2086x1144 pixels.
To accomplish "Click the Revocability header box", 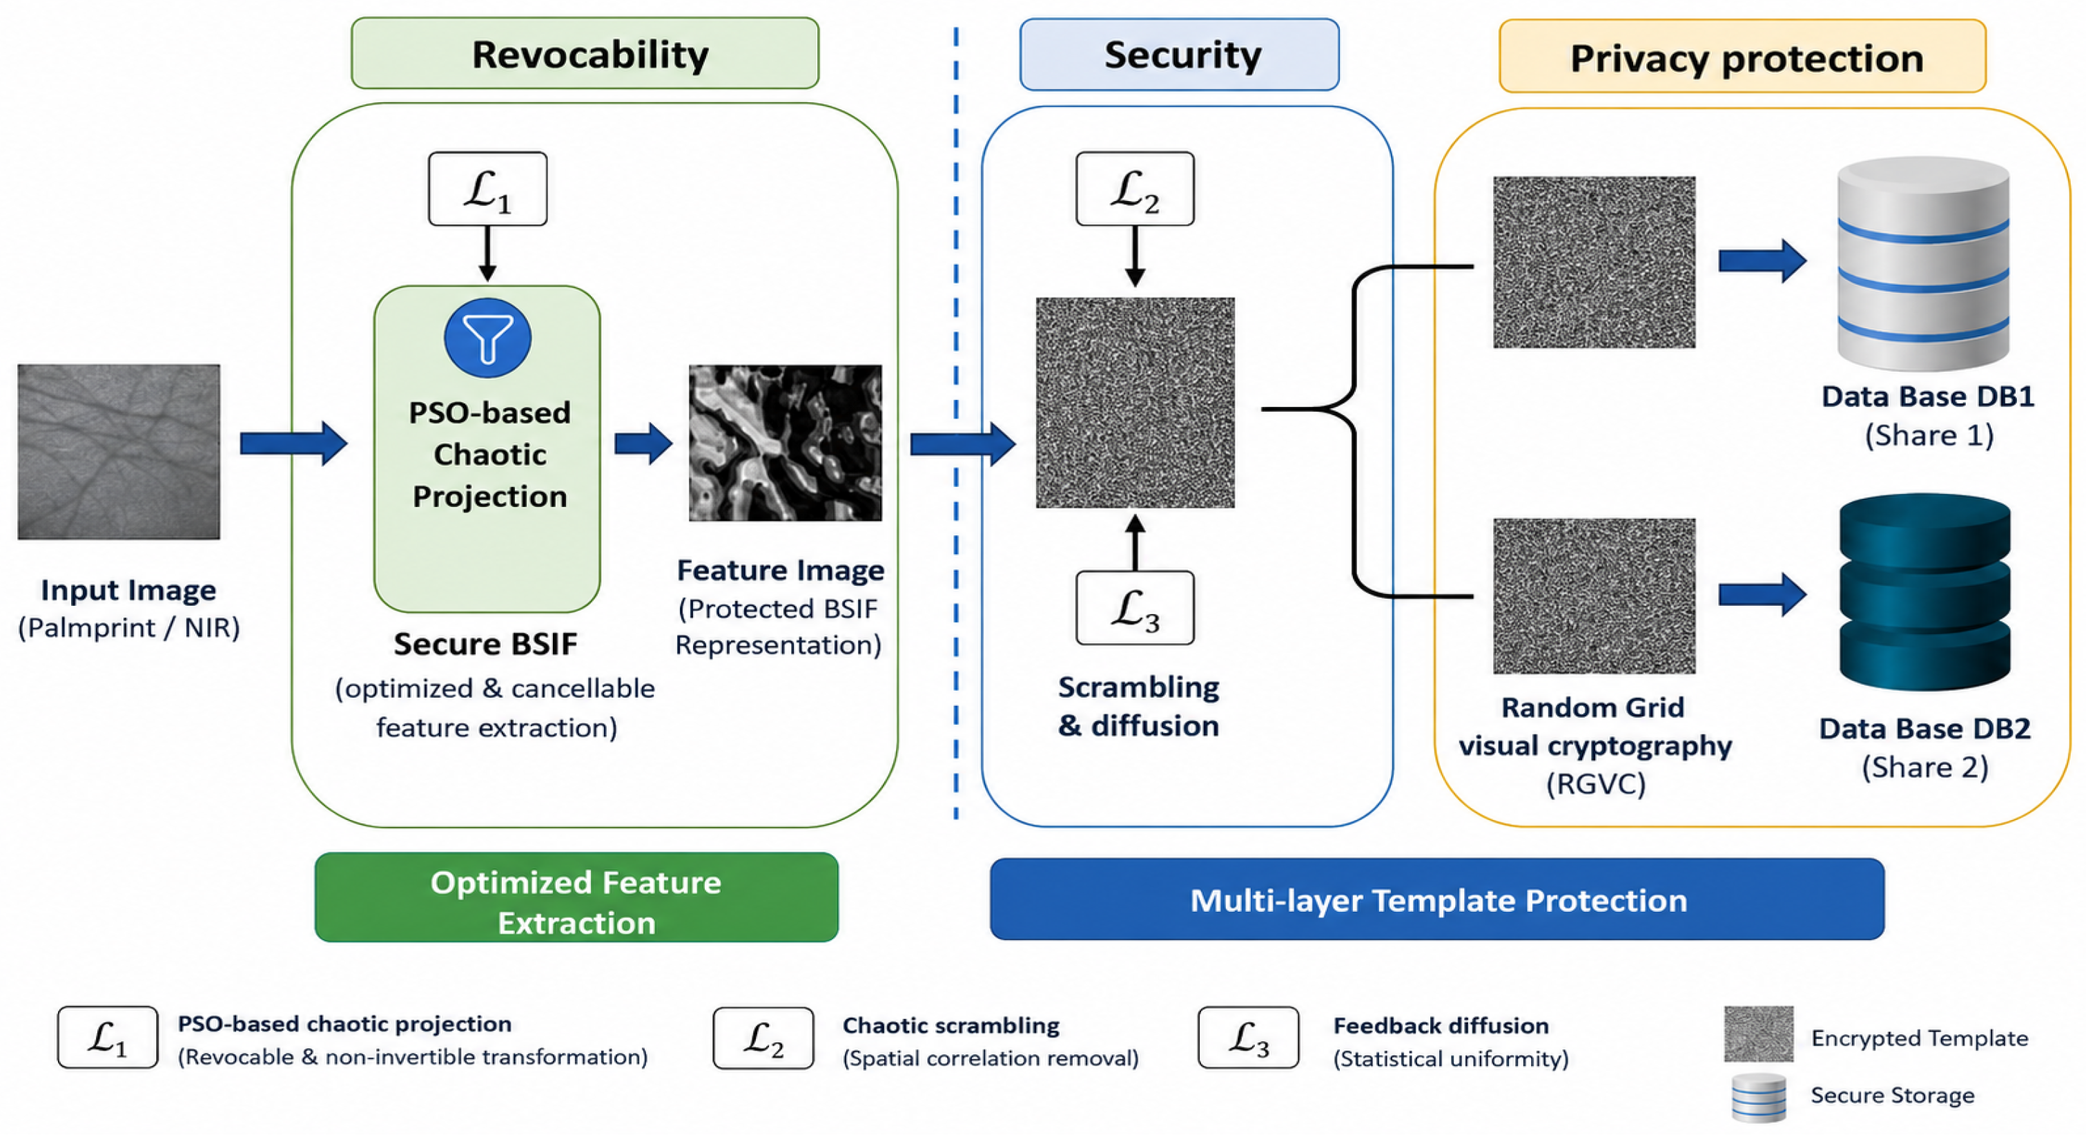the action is [x=585, y=53].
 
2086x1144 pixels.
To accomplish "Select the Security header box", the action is [x=1179, y=55].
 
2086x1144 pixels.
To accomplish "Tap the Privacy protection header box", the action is [x=1743, y=56].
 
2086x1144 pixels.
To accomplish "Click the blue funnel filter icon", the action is [x=487, y=338].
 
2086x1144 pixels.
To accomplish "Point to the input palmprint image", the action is [x=119, y=451].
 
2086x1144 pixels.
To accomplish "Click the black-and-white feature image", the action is [x=785, y=442].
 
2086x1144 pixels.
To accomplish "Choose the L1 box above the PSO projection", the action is [x=487, y=189].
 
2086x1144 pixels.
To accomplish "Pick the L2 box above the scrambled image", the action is [x=1135, y=189].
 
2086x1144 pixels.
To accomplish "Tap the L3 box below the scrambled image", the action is [x=1135, y=608].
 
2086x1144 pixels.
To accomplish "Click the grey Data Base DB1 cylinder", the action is [x=1923, y=264].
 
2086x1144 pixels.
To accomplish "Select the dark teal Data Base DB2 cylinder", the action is [x=1925, y=593].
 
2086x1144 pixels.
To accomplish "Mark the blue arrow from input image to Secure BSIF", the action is [x=294, y=444].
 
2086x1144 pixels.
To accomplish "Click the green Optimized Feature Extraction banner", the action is [x=576, y=897].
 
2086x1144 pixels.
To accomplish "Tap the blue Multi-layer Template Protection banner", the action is [x=1437, y=899].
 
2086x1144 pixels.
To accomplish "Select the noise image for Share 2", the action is [x=1595, y=596].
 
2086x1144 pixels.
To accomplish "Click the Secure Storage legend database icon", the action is [x=1759, y=1098].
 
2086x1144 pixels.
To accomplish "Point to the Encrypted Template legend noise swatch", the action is [x=1759, y=1033].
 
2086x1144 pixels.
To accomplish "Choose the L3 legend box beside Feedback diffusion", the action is [x=1249, y=1038].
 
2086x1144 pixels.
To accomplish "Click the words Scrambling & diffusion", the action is [x=1138, y=706].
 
